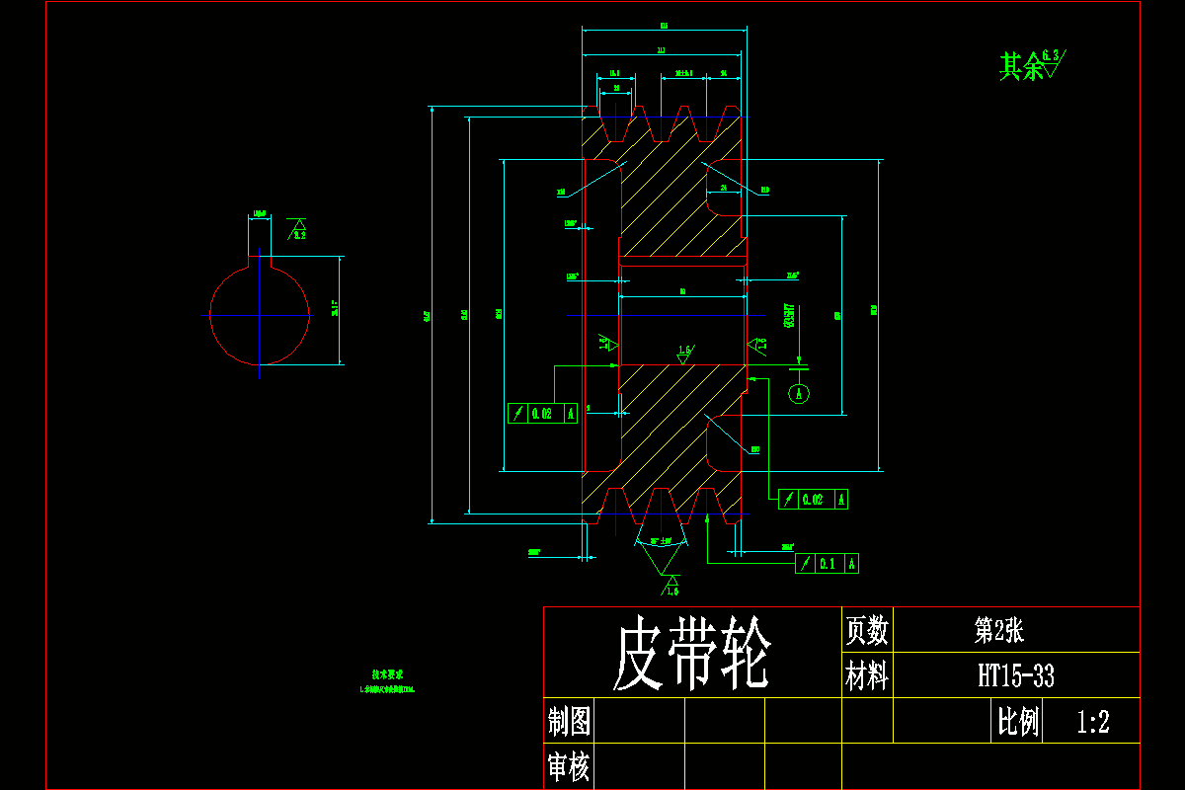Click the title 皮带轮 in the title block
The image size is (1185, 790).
point(690,656)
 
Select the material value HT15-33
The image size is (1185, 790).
point(1015,676)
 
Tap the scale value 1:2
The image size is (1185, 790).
point(1093,722)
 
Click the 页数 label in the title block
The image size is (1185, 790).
point(866,629)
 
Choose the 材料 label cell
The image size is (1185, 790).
point(866,676)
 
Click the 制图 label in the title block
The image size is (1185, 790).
point(569,722)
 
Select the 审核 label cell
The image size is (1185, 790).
point(569,766)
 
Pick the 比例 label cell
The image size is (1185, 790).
point(1018,722)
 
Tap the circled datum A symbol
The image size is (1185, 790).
point(801,393)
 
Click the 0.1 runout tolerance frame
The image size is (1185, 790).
point(827,564)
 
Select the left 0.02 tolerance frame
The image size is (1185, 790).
point(541,414)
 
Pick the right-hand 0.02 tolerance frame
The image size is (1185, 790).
point(813,500)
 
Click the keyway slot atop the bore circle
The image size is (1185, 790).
point(260,259)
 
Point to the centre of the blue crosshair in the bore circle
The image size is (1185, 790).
point(260,314)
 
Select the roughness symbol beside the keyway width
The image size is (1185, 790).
point(296,230)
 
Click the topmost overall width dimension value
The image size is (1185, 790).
point(664,25)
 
